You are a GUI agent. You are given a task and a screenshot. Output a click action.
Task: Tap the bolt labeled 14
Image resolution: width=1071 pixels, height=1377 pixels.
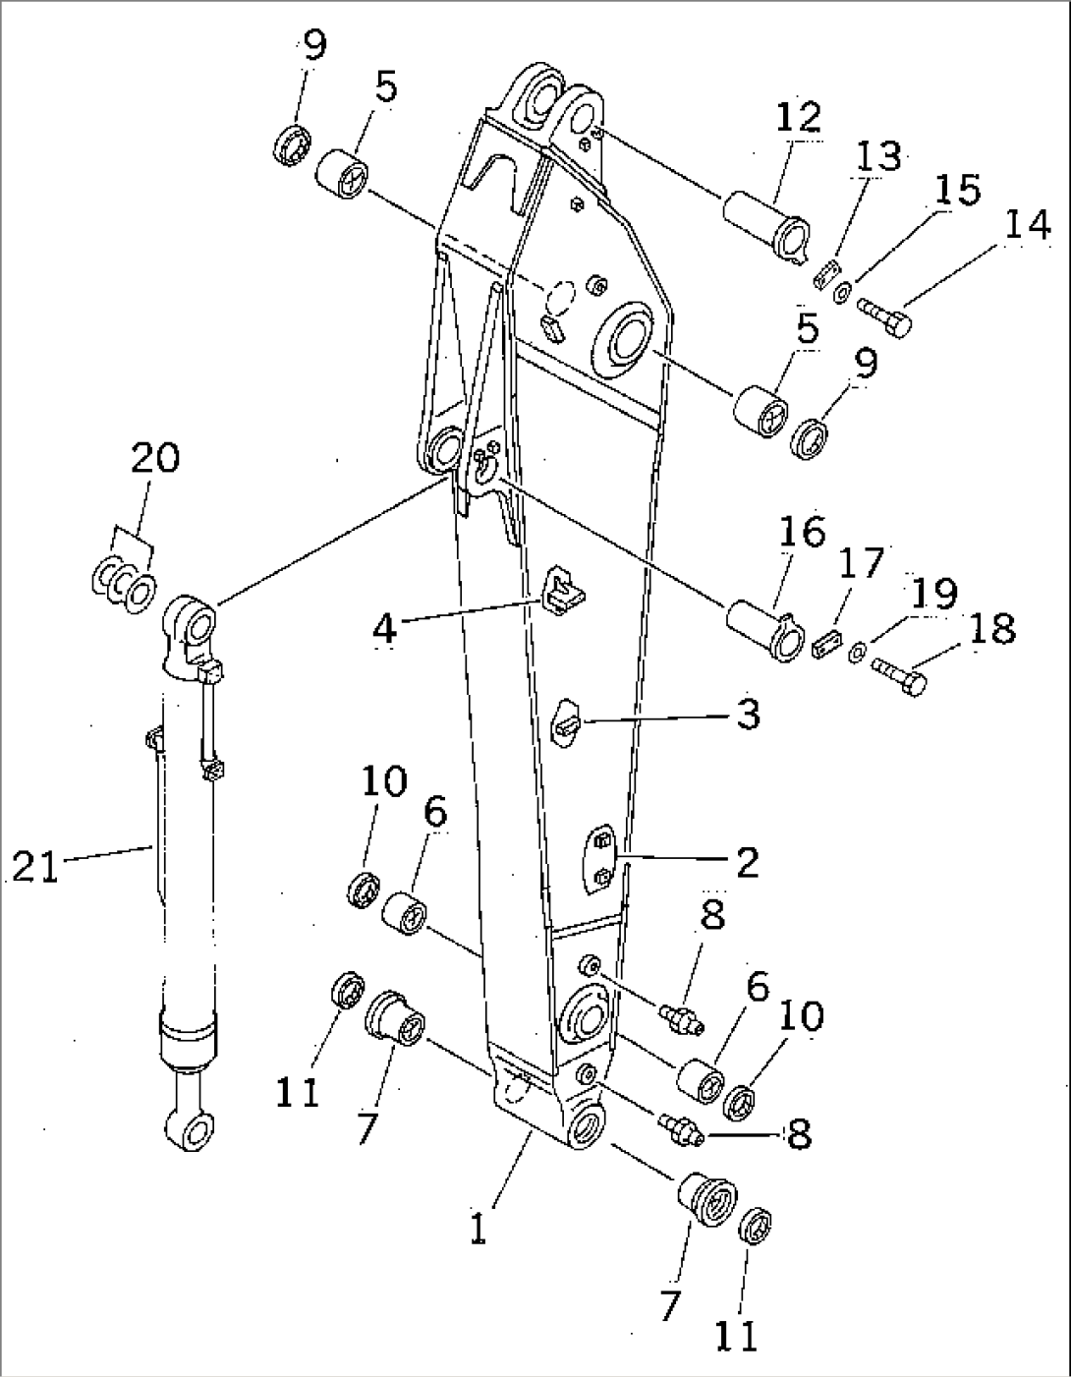click(885, 316)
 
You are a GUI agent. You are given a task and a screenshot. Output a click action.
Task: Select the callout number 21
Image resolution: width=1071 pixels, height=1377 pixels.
click(35, 867)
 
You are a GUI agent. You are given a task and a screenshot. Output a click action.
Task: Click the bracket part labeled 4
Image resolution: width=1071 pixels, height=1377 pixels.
click(563, 594)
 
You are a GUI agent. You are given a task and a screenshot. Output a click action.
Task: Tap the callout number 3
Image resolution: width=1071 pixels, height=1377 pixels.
click(748, 714)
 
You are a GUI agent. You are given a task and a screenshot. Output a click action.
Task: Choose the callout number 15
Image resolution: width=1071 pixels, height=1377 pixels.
click(957, 191)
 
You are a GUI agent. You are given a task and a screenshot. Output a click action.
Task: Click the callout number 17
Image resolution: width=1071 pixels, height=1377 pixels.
click(861, 563)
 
